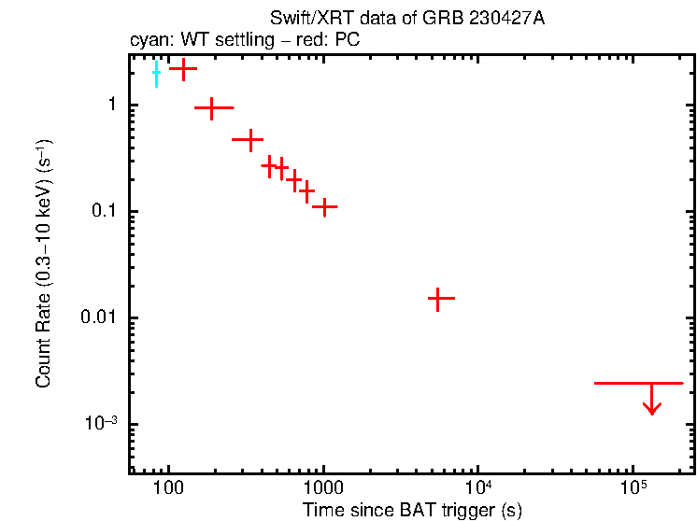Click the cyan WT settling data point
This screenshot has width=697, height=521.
coord(156,71)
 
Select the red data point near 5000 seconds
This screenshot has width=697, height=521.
coord(441,298)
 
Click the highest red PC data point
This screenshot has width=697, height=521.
coord(183,68)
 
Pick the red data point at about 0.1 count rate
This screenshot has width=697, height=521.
coord(324,206)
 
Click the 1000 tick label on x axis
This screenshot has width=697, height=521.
coord(323,488)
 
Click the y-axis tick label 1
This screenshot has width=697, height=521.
coord(109,106)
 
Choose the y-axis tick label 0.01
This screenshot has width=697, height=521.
coord(97,318)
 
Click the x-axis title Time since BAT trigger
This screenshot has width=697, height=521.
coord(411,510)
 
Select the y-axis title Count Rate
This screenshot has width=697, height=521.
coord(44,264)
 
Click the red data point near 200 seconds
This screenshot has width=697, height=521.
coord(212,108)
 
